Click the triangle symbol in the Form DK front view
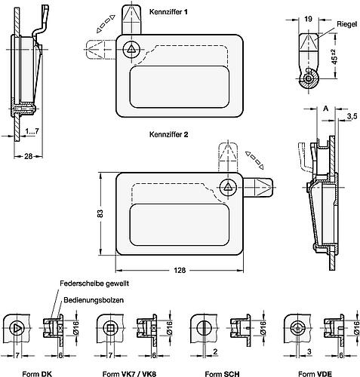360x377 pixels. click(x=17, y=329)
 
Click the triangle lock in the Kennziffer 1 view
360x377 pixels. click(x=132, y=48)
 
